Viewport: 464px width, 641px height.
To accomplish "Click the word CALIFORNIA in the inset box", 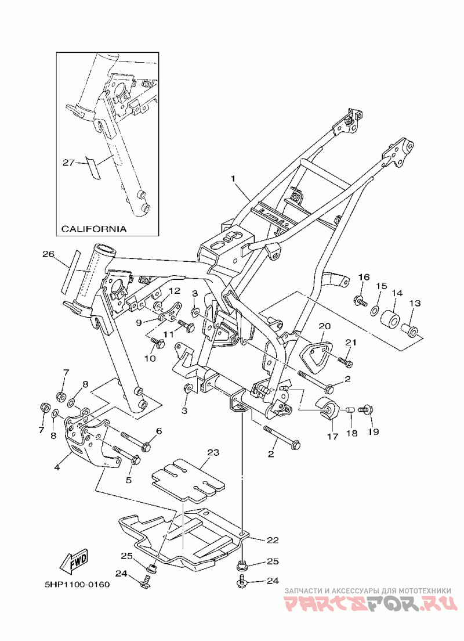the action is point(93,229).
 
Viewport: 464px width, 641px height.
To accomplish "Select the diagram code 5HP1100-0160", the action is point(77,584).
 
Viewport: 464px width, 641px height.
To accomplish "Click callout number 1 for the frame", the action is point(233,179).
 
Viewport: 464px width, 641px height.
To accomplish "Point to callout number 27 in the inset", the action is point(68,163).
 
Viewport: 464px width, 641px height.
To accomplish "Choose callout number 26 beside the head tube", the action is point(48,254).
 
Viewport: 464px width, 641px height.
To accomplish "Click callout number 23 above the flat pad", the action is point(213,452).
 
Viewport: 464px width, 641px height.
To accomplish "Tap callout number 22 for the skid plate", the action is point(273,540).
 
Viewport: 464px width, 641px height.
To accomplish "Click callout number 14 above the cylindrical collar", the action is point(397,293).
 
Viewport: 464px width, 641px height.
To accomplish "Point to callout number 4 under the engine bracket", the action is point(57,467).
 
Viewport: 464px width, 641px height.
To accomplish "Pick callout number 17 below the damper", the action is point(333,436).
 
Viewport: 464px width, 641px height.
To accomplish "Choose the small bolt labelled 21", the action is point(345,361).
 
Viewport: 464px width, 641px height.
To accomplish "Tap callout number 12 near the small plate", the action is point(175,291).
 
